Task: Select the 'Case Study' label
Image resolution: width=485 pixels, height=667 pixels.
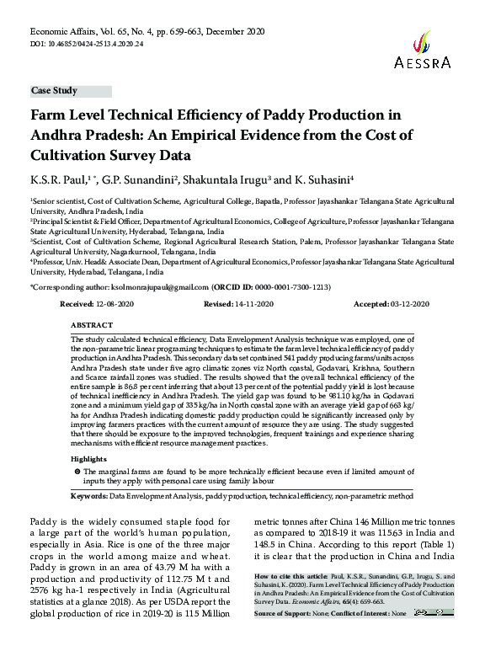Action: click(x=54, y=90)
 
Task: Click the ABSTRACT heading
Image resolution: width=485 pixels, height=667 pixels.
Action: click(x=92, y=324)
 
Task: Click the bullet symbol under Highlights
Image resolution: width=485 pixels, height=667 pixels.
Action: click(x=77, y=472)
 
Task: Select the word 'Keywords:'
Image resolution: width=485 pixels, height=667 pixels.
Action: click(x=88, y=497)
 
